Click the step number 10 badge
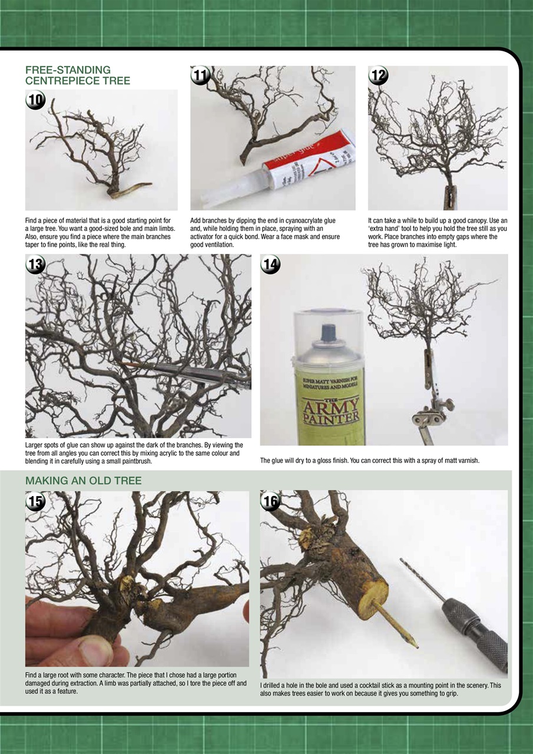click(x=35, y=100)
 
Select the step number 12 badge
click(x=378, y=75)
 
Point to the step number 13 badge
click(x=35, y=264)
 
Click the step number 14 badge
click(x=270, y=264)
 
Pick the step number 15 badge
click(x=35, y=501)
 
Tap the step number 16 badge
click(x=270, y=501)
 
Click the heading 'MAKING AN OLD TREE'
click(x=84, y=480)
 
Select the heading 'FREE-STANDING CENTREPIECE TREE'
click(x=78, y=75)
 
